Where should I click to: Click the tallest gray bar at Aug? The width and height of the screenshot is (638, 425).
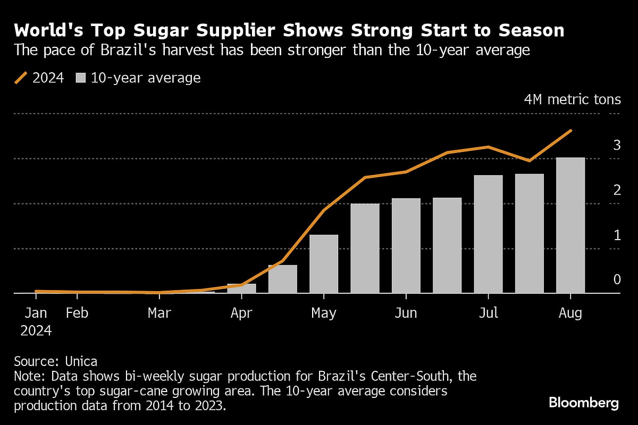point(570,225)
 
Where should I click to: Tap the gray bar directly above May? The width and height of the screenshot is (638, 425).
point(324,263)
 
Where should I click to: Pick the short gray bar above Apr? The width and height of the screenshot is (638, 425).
point(241,288)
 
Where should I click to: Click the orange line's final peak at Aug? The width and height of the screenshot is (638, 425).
point(570,131)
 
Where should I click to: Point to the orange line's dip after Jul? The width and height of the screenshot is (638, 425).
point(528,160)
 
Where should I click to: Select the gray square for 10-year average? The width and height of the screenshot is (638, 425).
point(80,78)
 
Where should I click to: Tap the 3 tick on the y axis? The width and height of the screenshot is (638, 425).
point(617,145)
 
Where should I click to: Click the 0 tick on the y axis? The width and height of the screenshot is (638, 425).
point(617,279)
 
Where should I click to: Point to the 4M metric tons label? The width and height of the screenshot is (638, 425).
point(572,99)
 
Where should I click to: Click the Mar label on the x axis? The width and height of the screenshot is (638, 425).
point(159,313)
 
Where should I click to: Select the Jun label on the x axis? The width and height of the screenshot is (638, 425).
point(406,313)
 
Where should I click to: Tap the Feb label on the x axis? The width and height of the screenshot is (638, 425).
point(77,313)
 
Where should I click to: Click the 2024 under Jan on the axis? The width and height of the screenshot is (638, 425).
point(36,331)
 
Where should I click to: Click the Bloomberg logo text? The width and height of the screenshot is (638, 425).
point(583,403)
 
